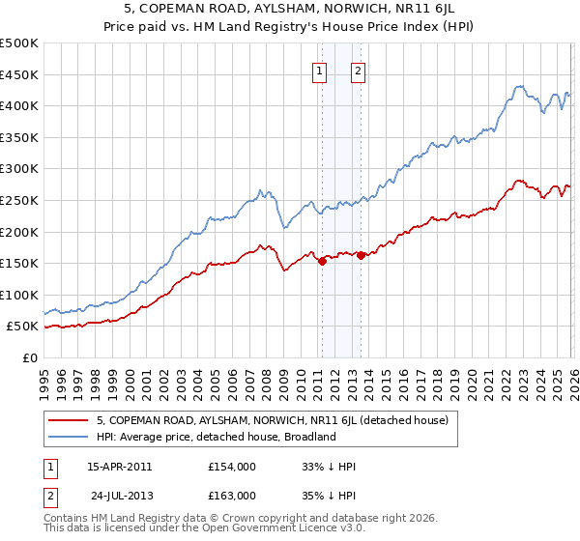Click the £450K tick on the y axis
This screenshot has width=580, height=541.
pyautogui.click(x=18, y=74)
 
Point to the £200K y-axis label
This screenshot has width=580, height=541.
pyautogui.click(x=18, y=232)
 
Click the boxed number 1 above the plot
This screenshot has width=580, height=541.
pyautogui.click(x=320, y=70)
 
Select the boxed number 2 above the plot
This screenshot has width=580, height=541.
pyautogui.click(x=359, y=70)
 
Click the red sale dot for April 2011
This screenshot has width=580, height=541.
pyautogui.click(x=322, y=261)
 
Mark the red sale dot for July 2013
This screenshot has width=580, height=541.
pyautogui.click(x=361, y=255)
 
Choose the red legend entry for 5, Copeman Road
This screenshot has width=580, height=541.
pyautogui.click(x=272, y=420)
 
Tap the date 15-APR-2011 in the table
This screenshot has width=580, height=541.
pyautogui.click(x=119, y=467)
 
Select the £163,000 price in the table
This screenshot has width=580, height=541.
pyautogui.click(x=231, y=496)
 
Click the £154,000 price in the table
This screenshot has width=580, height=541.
pyautogui.click(x=231, y=467)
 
